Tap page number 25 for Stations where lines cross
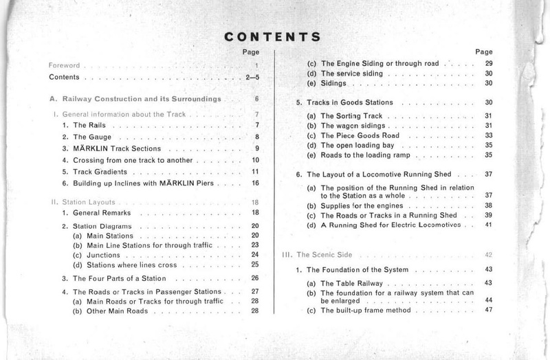(254, 265)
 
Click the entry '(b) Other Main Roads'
(115, 311)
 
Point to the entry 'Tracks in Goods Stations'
(351, 102)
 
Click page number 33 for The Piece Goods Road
(489, 135)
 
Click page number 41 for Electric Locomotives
(489, 225)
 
